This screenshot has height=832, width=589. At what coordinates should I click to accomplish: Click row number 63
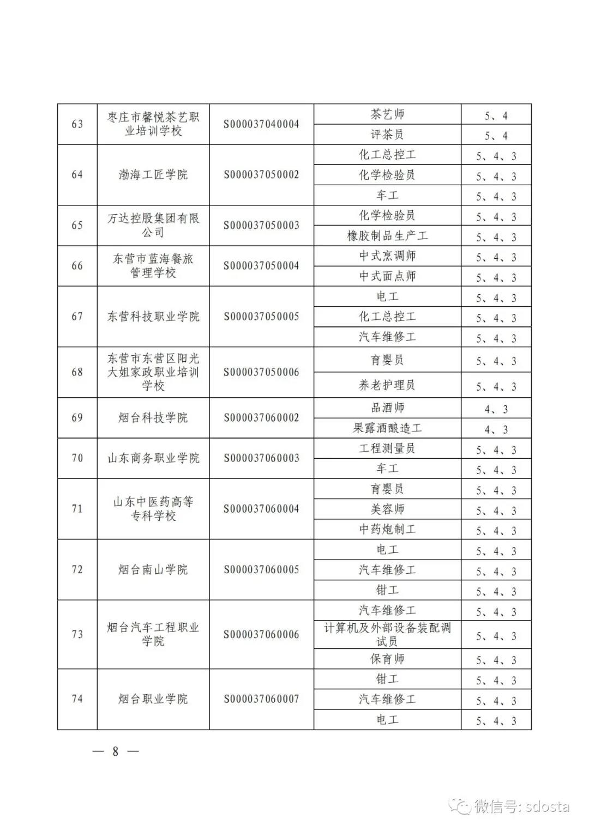point(77,124)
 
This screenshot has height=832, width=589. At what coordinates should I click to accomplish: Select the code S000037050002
point(261,175)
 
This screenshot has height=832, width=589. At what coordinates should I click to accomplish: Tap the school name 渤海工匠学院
point(153,175)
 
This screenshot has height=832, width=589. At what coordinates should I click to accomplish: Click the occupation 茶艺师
point(387,114)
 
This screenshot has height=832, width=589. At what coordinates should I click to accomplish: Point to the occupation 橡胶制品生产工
point(387,236)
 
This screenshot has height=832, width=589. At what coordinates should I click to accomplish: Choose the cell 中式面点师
point(387,276)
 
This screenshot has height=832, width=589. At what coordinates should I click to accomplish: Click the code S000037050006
point(261,372)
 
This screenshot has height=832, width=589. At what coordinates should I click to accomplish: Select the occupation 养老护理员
point(387,385)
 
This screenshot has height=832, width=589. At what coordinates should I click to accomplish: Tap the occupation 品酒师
point(387,408)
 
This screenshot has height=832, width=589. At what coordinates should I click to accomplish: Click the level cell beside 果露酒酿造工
point(496,429)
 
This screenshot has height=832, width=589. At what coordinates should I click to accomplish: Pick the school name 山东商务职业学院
point(153,458)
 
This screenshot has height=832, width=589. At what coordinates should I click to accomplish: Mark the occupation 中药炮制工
point(387,529)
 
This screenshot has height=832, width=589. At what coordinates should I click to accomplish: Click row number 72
point(77,569)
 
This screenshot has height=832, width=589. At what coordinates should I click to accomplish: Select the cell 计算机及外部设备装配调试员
point(387,634)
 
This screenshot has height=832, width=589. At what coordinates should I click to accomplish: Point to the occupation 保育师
point(387,659)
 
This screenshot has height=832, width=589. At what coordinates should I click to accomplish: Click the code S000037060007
point(261,699)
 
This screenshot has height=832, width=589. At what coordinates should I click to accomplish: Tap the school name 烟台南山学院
point(153,569)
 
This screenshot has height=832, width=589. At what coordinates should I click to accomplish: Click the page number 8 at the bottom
point(115,751)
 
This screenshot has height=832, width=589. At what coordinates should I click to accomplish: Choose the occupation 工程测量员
point(387,448)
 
